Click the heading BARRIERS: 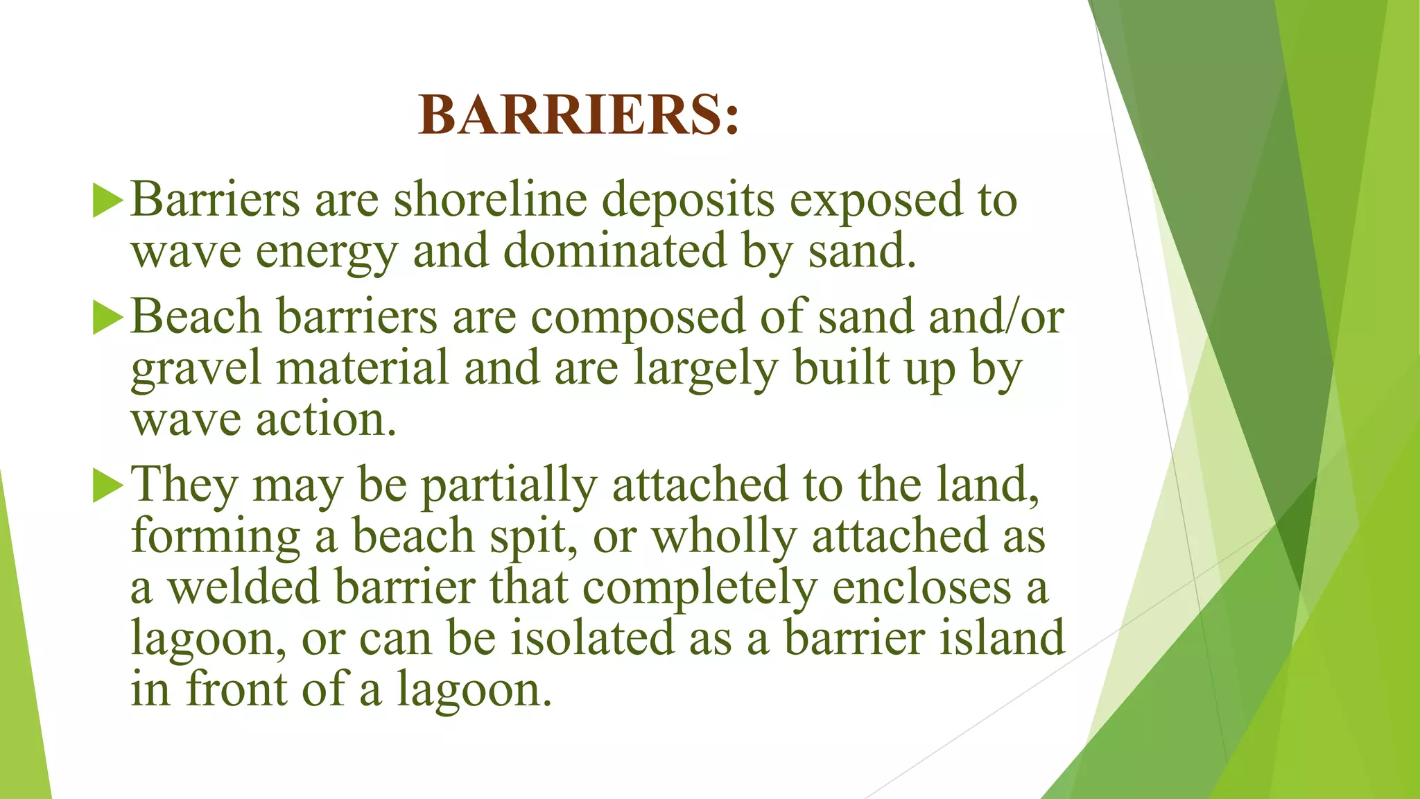(579, 115)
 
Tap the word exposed (876, 200)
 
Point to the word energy (327, 252)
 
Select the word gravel (196, 369)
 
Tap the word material (363, 368)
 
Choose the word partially (509, 486)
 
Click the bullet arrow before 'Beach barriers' (107, 318)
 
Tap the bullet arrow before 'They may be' (107, 486)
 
